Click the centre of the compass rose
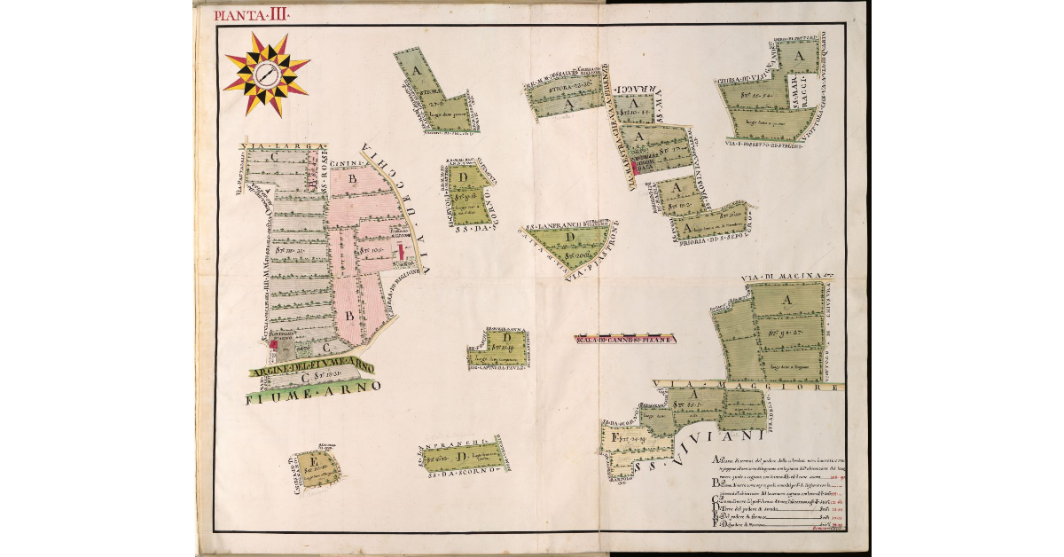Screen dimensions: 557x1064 [266, 75]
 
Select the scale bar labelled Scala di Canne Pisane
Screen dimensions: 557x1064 [626, 339]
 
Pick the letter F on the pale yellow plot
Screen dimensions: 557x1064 [613, 438]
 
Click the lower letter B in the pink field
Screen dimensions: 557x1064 [349, 315]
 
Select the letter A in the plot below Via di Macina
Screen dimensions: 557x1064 [784, 302]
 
